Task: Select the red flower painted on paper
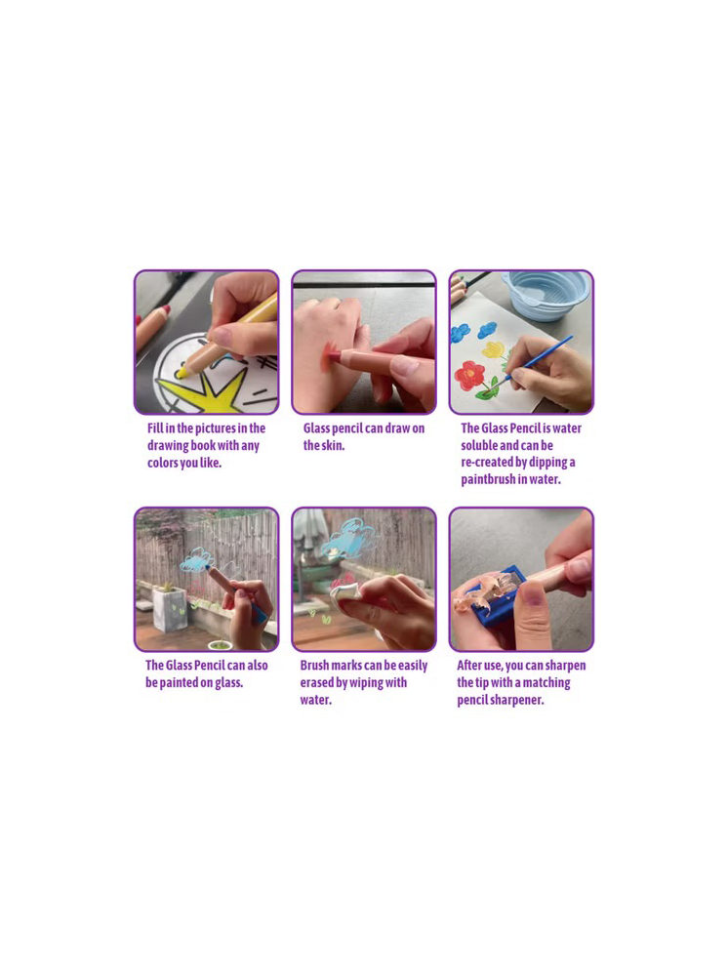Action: tap(469, 376)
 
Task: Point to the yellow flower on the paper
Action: tap(494, 348)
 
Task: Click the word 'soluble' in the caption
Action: tap(479, 446)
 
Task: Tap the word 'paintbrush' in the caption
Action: tap(488, 479)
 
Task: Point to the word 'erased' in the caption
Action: tap(317, 683)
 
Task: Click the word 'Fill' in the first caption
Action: tap(155, 428)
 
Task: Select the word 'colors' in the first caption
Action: tap(162, 463)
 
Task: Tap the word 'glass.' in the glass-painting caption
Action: tap(229, 683)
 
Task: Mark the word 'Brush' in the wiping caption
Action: tap(314, 666)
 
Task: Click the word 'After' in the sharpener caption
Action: tap(469, 666)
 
